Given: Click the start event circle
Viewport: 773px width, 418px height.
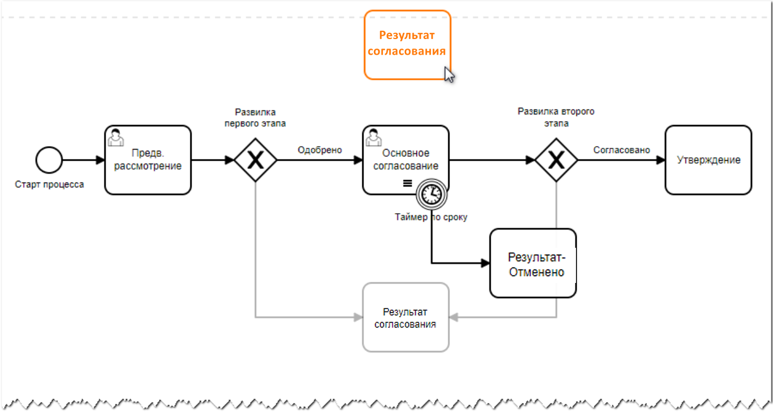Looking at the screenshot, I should [49, 160].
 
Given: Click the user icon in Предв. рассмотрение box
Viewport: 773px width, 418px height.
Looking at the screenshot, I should [116, 137].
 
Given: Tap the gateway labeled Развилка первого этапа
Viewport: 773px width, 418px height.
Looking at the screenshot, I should [255, 160].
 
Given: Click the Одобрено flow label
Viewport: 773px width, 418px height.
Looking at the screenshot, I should [319, 150].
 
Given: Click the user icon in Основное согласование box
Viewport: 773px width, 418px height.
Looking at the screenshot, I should [373, 137].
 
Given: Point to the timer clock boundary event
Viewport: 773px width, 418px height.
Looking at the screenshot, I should [431, 194].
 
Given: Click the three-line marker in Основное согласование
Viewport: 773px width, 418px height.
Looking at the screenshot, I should [407, 183].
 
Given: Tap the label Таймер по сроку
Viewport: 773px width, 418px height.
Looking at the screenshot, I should [431, 217].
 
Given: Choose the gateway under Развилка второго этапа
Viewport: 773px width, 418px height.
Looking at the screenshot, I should [556, 160].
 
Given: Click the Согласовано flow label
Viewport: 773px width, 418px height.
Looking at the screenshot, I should [621, 150].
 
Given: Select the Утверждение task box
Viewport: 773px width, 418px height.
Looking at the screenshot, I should [708, 160].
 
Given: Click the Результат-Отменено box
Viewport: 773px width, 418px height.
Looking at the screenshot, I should [533, 263].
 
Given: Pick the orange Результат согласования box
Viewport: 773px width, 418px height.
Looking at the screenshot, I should [407, 45].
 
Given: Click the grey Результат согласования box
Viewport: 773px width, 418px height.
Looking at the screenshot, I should [406, 317].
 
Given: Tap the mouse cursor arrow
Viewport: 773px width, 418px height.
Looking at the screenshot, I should [449, 74].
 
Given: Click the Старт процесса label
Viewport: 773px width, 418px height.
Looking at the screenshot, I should [49, 185].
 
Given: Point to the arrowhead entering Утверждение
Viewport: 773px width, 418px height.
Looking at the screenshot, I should [661, 160].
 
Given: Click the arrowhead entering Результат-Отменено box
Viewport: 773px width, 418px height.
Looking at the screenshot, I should [485, 262].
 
